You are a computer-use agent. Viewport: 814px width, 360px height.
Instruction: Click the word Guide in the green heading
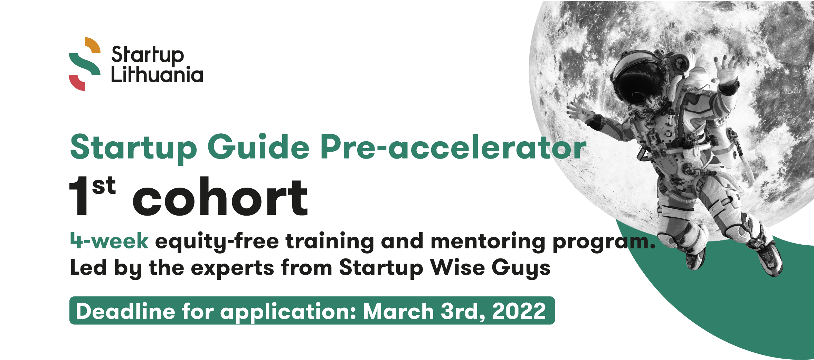pos(258,147)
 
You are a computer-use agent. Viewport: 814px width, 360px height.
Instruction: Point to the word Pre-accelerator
pos(453,147)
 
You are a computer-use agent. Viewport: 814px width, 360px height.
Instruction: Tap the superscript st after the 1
pos(104,186)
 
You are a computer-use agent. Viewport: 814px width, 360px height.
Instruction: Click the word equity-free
pos(217,241)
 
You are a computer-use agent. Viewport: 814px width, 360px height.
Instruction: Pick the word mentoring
pos(488,241)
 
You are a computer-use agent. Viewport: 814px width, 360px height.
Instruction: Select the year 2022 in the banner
pos(519,311)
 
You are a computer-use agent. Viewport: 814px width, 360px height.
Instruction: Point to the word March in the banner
pos(398,311)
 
